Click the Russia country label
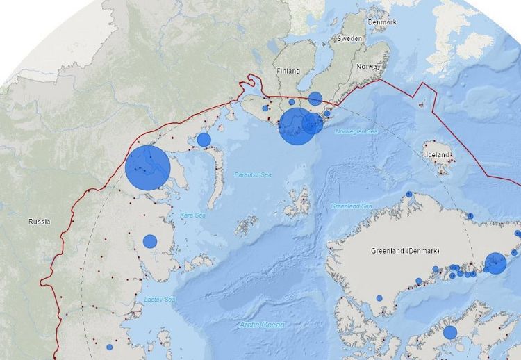tap(39, 222)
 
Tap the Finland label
tap(288, 72)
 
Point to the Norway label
tap(368, 67)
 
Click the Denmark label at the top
tap(382, 22)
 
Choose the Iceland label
tap(439, 154)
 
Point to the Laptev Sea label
tap(159, 300)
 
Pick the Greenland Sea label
tap(352, 206)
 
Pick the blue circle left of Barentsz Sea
tap(204, 140)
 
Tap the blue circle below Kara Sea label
tap(150, 242)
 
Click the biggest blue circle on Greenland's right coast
tap(495, 263)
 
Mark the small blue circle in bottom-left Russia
tap(109, 347)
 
